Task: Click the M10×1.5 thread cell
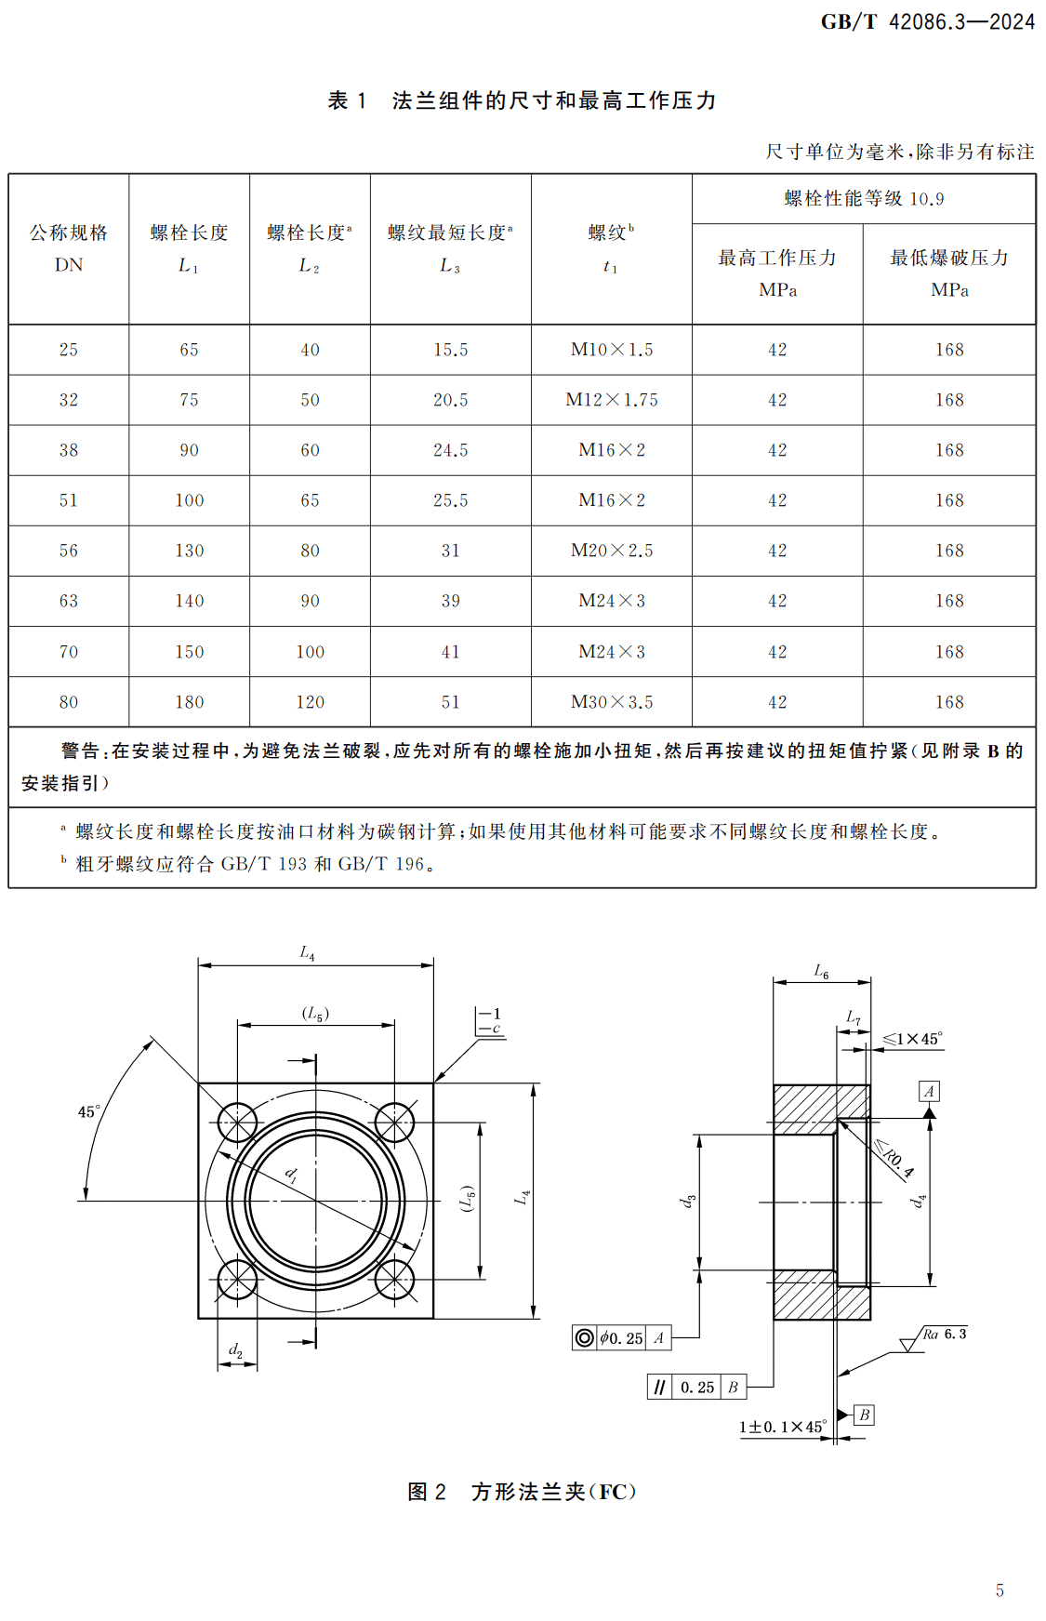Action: coord(611,350)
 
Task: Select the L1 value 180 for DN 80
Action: coord(190,702)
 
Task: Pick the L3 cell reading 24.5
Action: coord(450,450)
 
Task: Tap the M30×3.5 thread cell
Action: coord(611,702)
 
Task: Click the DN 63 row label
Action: coord(69,601)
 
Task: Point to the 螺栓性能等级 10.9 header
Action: coord(863,199)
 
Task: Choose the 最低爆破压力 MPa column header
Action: coord(948,272)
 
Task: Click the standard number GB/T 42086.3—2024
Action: coord(927,22)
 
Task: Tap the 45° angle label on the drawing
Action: coord(89,1111)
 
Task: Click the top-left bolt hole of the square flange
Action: coord(237,1123)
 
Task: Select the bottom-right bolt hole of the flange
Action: coord(394,1280)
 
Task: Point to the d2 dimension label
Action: coord(236,1349)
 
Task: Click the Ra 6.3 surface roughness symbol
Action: coord(934,1337)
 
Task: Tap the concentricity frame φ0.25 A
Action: coord(621,1337)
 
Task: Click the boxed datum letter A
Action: coord(929,1091)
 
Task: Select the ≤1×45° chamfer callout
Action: coord(912,1039)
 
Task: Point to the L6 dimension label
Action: coord(821,971)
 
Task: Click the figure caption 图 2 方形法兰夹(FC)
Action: coord(522,1492)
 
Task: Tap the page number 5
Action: coord(1000,1590)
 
